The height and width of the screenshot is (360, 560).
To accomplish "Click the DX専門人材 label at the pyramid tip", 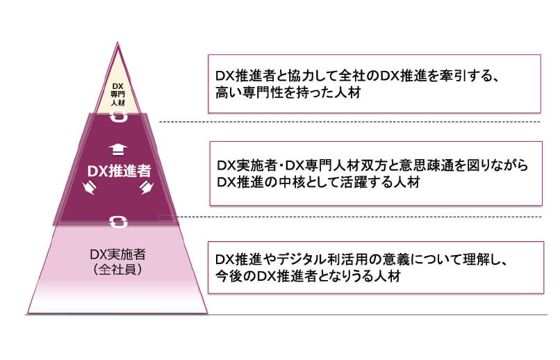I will [117, 93].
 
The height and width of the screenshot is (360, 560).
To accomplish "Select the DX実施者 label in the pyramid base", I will [117, 254].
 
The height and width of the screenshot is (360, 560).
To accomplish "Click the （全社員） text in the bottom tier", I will [117, 269].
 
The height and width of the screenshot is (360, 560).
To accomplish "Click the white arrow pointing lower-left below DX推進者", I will [88, 188].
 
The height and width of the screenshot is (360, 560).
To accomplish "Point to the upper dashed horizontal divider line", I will [347, 122].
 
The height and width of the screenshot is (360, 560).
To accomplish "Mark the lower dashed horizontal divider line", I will [347, 216].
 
